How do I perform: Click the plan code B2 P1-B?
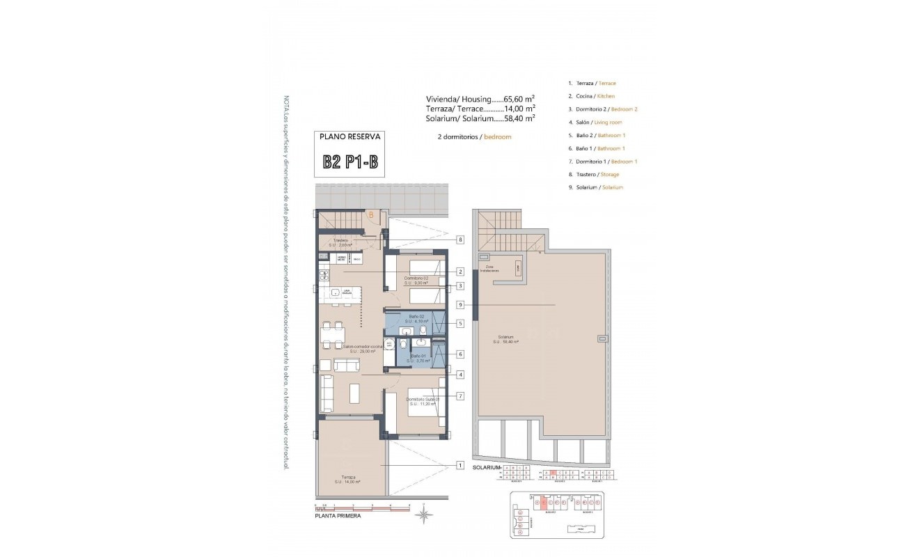coord(351,162)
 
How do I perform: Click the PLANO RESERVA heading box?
coord(351,138)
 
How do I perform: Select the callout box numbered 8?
coord(460,240)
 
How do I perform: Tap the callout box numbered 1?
coord(460,465)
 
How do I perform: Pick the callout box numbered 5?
coord(460,323)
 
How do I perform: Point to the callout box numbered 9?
coord(460,305)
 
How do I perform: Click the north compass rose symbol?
coord(423,515)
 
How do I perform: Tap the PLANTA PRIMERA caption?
coord(338,516)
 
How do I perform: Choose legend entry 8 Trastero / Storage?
coord(593,175)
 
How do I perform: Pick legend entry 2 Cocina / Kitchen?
coord(591,96)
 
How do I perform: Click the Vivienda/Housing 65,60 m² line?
coord(480,99)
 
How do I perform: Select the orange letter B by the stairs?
coord(371,215)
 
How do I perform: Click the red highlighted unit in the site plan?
coord(542,501)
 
